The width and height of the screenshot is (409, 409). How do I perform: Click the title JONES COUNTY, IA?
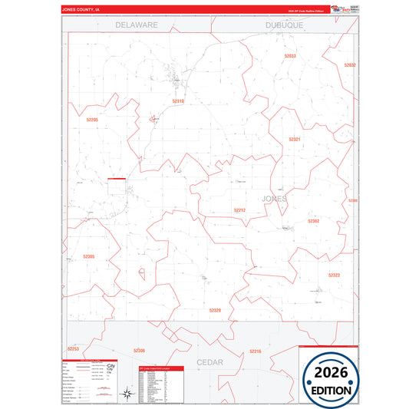pyautogui.click(x=81, y=10)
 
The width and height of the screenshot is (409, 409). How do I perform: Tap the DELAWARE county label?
pyautogui.click(x=137, y=25)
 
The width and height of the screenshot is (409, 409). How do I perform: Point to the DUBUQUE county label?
pyautogui.click(x=284, y=25)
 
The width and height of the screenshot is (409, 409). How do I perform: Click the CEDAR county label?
pyautogui.click(x=209, y=361)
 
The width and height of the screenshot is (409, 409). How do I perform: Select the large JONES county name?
pyautogui.click(x=275, y=198)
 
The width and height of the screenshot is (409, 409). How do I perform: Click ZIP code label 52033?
pyautogui.click(x=289, y=56)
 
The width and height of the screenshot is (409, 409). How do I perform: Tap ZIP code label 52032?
pyautogui.click(x=350, y=65)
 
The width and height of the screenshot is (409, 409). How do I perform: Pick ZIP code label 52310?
pyautogui.click(x=178, y=101)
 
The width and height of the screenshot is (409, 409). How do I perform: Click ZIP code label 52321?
pyautogui.click(x=295, y=139)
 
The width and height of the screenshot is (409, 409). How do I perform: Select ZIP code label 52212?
pyautogui.click(x=239, y=209)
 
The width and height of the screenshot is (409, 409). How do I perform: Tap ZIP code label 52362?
pyautogui.click(x=313, y=221)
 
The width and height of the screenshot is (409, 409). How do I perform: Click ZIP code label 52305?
pyautogui.click(x=89, y=256)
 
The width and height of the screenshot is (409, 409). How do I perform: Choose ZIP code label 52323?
pyautogui.click(x=334, y=274)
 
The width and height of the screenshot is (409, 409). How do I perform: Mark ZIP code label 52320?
pyautogui.click(x=215, y=310)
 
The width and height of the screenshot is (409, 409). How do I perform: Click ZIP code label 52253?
pyautogui.click(x=73, y=349)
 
